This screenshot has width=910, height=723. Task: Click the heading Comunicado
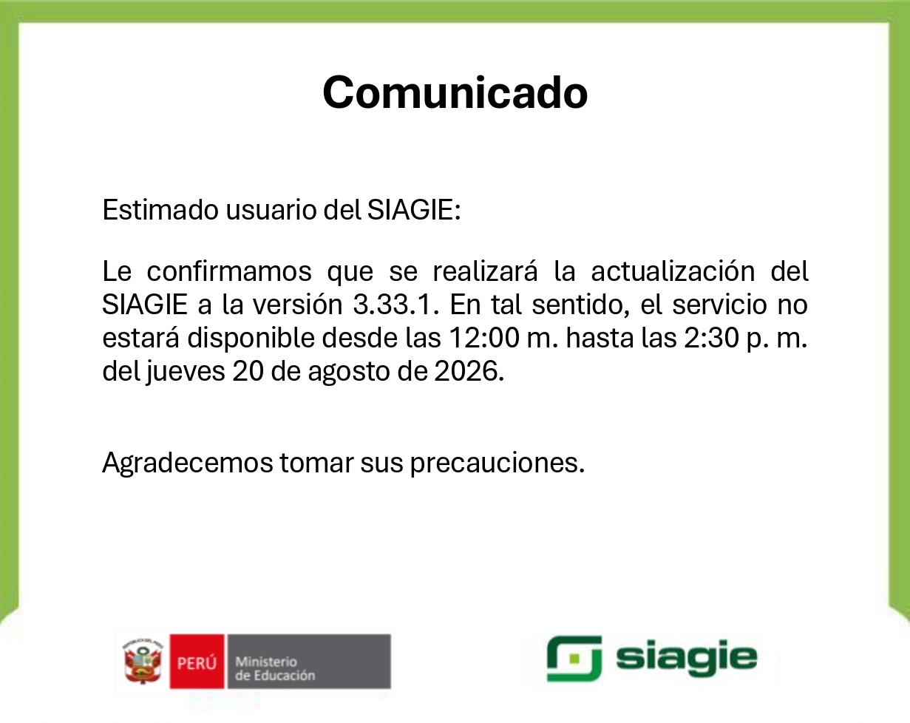point(455,92)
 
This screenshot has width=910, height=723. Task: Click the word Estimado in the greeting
point(160,210)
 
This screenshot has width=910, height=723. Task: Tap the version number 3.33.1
point(395,305)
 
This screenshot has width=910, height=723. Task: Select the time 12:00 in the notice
point(484,338)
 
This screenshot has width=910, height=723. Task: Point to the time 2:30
point(711,338)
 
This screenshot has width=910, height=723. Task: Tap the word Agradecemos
point(188,464)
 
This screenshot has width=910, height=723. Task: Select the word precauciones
point(498,464)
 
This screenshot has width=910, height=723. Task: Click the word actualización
point(673,271)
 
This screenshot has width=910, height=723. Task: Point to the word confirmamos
point(228,271)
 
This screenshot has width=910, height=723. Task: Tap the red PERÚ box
point(197,662)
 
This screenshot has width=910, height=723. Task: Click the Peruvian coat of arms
point(143,662)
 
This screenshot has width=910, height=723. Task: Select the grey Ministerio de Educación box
point(309,662)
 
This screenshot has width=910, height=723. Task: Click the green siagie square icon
point(574,659)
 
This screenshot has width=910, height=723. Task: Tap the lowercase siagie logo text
point(686,658)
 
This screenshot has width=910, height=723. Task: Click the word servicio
point(719,305)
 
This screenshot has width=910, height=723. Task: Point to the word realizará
point(485,271)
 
